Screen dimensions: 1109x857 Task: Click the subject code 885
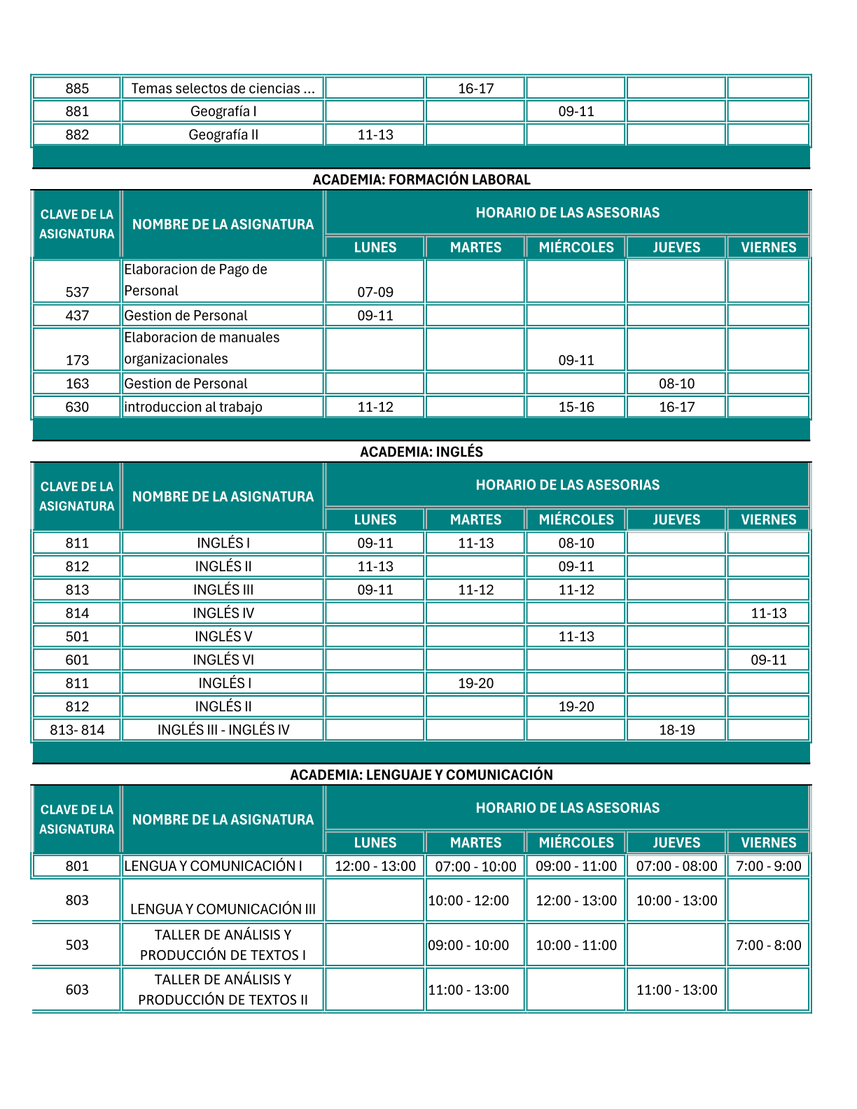pos(77,88)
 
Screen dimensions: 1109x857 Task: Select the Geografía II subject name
pos(223,134)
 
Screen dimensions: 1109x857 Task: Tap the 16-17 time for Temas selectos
pos(475,88)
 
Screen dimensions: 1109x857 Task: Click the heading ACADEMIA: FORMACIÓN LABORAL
pos(421,179)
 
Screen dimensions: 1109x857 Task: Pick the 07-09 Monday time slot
pos(375,292)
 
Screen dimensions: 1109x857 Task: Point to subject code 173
pos(77,360)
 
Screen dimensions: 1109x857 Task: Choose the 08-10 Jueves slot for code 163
pos(676,384)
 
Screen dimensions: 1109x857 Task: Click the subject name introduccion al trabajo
pos(193,407)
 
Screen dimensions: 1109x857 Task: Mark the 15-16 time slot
pos(576,407)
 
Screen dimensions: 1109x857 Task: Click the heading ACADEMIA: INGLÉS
pos(421,452)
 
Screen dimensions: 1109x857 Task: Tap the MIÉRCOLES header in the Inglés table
pos(576,519)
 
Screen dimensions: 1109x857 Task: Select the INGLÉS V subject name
pos(223,636)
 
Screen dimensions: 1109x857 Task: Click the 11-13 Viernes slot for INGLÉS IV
pos(769,613)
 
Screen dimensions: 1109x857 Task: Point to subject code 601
pos(77,660)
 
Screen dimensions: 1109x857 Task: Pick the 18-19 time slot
pos(676,730)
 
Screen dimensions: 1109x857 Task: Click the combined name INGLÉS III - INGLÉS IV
pos(223,730)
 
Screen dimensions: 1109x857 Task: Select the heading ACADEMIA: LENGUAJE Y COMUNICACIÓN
pos(421,774)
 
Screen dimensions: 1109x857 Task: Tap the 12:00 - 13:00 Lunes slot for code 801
pos(375,866)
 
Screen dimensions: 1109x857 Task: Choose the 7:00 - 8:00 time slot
pos(769,945)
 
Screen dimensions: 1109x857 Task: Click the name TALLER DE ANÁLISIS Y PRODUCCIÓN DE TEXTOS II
pos(223,989)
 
